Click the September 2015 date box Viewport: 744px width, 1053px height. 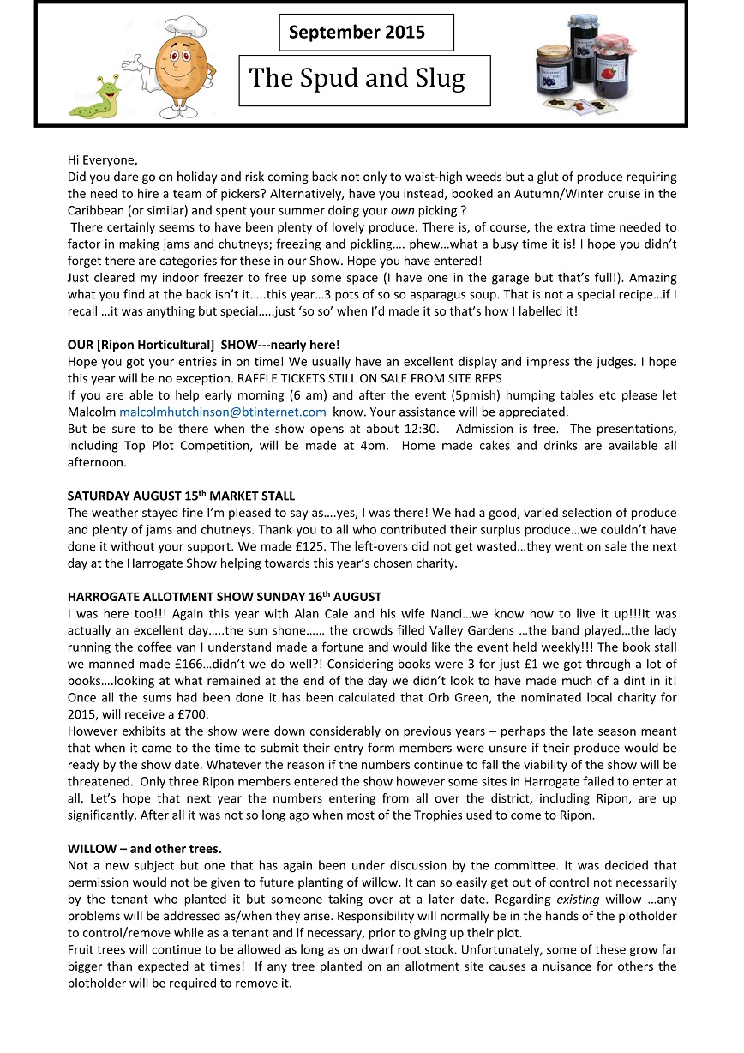click(x=366, y=33)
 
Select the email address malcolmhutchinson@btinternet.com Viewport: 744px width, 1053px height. click(x=223, y=412)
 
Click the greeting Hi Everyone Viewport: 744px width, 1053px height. click(x=102, y=160)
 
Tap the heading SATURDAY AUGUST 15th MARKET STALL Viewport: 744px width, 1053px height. click(x=181, y=496)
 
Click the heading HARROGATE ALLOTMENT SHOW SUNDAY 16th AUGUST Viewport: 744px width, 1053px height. click(x=225, y=596)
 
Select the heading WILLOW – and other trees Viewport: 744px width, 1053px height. click(x=144, y=849)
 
